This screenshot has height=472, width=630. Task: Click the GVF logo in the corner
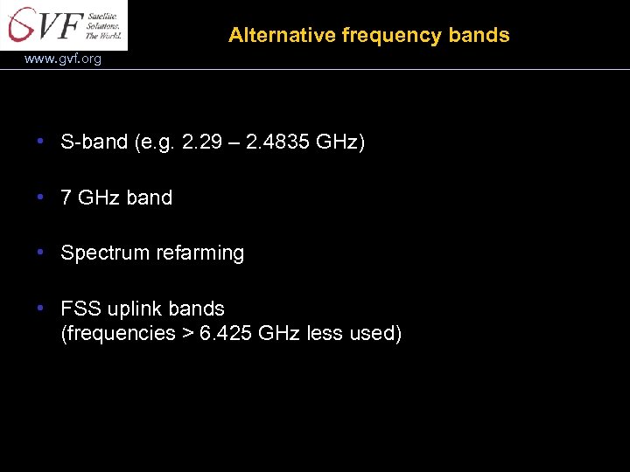[x=63, y=24]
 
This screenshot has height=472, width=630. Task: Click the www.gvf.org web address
[x=63, y=59]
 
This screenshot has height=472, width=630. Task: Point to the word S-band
[x=94, y=142]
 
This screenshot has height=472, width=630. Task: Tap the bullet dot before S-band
[x=41, y=142]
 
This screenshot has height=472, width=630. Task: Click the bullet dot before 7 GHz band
[x=41, y=198]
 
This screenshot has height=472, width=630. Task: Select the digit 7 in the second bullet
[x=66, y=198]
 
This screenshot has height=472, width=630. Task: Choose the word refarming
[x=199, y=253]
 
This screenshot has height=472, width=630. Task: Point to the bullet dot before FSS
[x=41, y=309]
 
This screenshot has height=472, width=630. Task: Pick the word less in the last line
[x=326, y=333]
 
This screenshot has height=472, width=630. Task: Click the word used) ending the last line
[x=376, y=334]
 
